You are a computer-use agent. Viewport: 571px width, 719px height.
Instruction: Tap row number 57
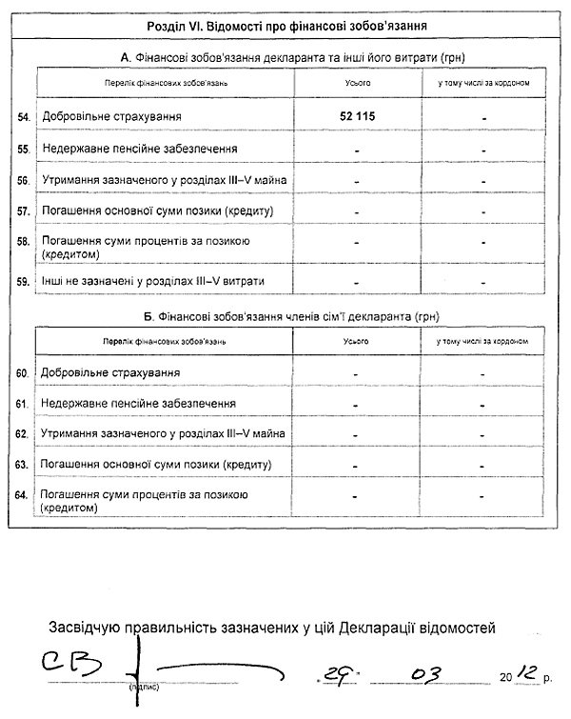24,210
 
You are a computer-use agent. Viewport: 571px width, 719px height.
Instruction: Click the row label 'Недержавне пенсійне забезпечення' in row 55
139,150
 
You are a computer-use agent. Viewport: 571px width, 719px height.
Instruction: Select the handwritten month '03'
426,673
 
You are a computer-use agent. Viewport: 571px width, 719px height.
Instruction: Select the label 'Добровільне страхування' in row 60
110,372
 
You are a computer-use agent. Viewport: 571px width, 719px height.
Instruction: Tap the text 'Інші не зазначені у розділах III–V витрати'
152,282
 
